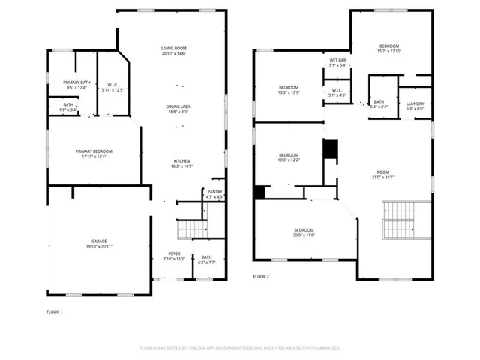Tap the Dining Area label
click(178, 106)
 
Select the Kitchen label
click(181, 161)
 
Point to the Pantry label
click(214, 192)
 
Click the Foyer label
click(174, 254)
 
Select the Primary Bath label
click(76, 82)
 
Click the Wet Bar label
click(337, 61)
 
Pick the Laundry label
click(415, 103)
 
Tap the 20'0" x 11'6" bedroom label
click(304, 229)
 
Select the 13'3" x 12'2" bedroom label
click(288, 155)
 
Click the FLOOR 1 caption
click(55, 311)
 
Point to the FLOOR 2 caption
click(260, 277)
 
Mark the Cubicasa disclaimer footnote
click(240, 348)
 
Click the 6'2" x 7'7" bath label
click(206, 259)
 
